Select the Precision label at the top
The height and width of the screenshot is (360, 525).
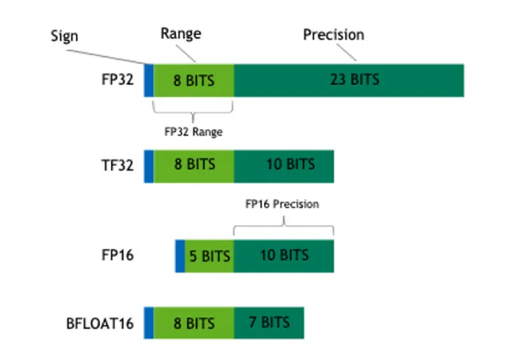click(333, 34)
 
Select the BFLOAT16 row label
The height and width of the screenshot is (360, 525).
click(101, 323)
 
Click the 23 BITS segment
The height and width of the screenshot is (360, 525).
click(349, 79)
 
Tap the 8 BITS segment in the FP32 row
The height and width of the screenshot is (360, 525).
click(194, 79)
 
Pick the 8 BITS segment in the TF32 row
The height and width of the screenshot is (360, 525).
click(194, 165)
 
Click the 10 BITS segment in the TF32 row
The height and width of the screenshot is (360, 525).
click(284, 165)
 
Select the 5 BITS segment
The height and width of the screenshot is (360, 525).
click(209, 256)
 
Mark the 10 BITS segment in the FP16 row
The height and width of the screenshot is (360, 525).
click(284, 256)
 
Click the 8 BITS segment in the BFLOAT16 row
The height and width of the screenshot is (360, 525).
click(194, 323)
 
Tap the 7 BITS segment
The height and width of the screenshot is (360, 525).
click(268, 323)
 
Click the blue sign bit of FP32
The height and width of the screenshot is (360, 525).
click(149, 79)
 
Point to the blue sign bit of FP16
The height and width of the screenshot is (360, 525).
click(180, 256)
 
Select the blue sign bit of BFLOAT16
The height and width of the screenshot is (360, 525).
click(149, 323)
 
